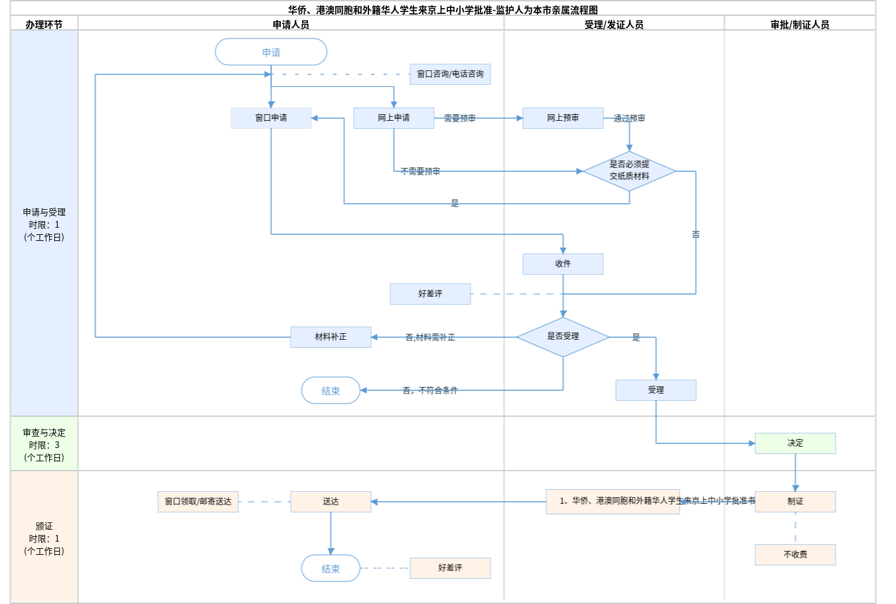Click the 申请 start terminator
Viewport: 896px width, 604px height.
(x=271, y=52)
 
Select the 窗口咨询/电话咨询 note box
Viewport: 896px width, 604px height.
(x=450, y=74)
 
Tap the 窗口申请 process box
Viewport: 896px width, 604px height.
(x=271, y=118)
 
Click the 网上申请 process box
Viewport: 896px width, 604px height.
(x=394, y=118)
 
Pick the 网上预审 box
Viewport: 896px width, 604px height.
(x=563, y=118)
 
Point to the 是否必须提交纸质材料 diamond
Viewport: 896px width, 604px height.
(x=629, y=171)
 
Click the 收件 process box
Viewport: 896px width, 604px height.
(x=563, y=264)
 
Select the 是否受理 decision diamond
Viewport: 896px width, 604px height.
(x=563, y=337)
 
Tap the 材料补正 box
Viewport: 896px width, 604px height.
(x=331, y=337)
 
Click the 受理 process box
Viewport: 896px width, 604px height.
(x=656, y=390)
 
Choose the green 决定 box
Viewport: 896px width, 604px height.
(x=795, y=443)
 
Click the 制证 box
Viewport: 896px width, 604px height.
(x=795, y=502)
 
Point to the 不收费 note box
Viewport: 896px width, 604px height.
(x=795, y=555)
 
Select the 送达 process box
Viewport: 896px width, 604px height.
(x=331, y=502)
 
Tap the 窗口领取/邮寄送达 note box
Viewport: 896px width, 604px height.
(x=198, y=502)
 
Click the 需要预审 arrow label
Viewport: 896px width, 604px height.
(x=459, y=118)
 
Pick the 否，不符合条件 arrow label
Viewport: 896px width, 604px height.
(x=430, y=390)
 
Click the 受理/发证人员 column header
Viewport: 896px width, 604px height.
(x=614, y=25)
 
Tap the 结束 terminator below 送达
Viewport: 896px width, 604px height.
(x=331, y=568)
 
